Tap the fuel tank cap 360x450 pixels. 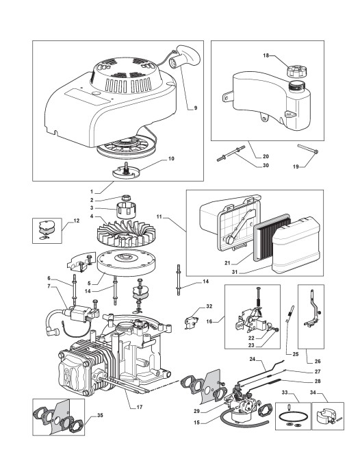tap(296, 71)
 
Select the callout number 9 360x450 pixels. tap(196, 108)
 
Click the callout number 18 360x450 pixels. tap(266, 55)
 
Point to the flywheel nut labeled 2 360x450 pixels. tap(125, 197)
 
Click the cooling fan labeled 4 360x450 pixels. tap(126, 235)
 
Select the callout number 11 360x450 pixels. tap(159, 216)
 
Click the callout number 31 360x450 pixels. tap(235, 272)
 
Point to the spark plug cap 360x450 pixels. tap(53, 333)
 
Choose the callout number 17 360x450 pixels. tap(140, 407)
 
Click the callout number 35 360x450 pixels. tap(100, 415)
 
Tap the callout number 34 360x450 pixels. tap(313, 392)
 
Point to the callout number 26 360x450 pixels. tap(318, 362)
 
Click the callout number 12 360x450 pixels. tap(76, 221)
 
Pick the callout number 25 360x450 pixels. tap(296, 354)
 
